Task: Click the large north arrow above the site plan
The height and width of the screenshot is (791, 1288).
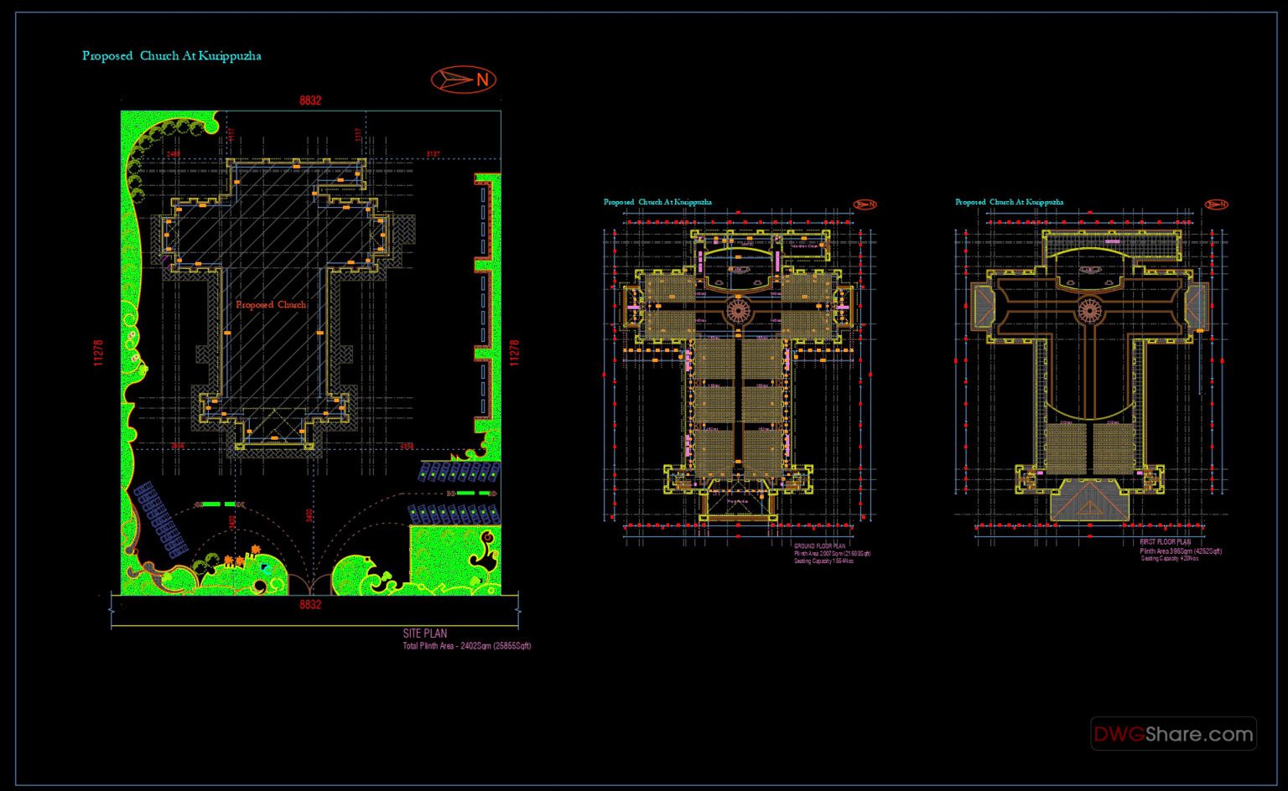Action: (464, 80)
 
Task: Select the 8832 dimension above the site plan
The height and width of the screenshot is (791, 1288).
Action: (310, 101)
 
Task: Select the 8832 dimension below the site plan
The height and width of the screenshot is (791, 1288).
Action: (310, 604)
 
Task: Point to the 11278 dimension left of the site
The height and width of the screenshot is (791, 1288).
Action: (98, 353)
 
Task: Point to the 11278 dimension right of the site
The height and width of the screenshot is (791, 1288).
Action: (515, 353)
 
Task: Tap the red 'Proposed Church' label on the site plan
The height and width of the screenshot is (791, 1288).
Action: (271, 305)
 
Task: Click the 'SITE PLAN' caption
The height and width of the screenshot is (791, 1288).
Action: (424, 633)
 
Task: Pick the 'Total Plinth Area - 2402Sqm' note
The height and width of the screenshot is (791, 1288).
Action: (466, 646)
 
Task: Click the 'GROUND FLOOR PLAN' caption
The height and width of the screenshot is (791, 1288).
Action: (819, 546)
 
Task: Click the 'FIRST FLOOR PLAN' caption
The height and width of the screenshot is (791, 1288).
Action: (1165, 542)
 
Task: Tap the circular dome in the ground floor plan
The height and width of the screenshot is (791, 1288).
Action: (738, 309)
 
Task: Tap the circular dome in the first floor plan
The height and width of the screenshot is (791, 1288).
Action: (1089, 309)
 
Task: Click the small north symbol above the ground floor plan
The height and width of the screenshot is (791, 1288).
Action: (865, 204)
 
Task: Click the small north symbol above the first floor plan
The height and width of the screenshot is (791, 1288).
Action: (1216, 204)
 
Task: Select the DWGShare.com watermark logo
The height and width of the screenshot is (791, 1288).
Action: (1173, 735)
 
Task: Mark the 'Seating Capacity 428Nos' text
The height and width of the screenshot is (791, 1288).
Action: (1169, 559)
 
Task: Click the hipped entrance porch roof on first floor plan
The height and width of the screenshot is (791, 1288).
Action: (1089, 501)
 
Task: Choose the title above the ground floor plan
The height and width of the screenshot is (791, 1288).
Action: (657, 203)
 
